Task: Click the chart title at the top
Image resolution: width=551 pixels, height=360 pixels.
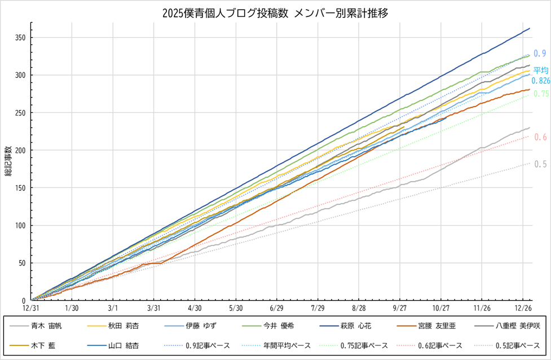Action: (275, 12)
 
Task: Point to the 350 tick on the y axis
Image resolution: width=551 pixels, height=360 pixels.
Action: (21, 38)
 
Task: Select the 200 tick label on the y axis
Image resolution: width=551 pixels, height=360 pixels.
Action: (21, 151)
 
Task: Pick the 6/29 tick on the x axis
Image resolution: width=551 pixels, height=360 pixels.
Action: (276, 308)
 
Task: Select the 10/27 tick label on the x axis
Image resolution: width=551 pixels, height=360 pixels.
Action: (440, 308)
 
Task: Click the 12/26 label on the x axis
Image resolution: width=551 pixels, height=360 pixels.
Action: (523, 308)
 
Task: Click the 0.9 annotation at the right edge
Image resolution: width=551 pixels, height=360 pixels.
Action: (540, 54)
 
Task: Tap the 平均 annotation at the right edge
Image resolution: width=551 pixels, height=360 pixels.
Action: (541, 71)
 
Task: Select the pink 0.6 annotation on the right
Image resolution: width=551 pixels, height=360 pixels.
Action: (540, 137)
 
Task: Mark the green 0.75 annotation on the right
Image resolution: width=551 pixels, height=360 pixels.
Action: (541, 94)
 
